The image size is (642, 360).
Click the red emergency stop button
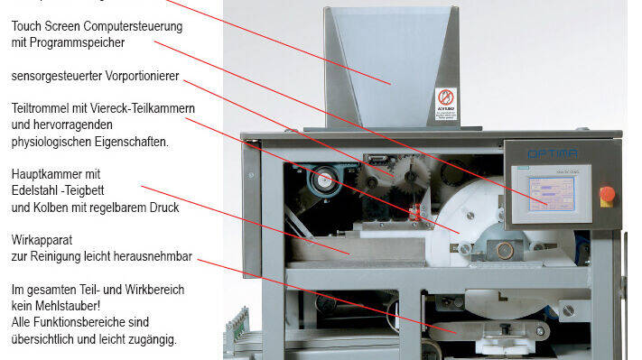(x=607, y=193)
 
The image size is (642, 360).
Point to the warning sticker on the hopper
(x=446, y=105)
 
